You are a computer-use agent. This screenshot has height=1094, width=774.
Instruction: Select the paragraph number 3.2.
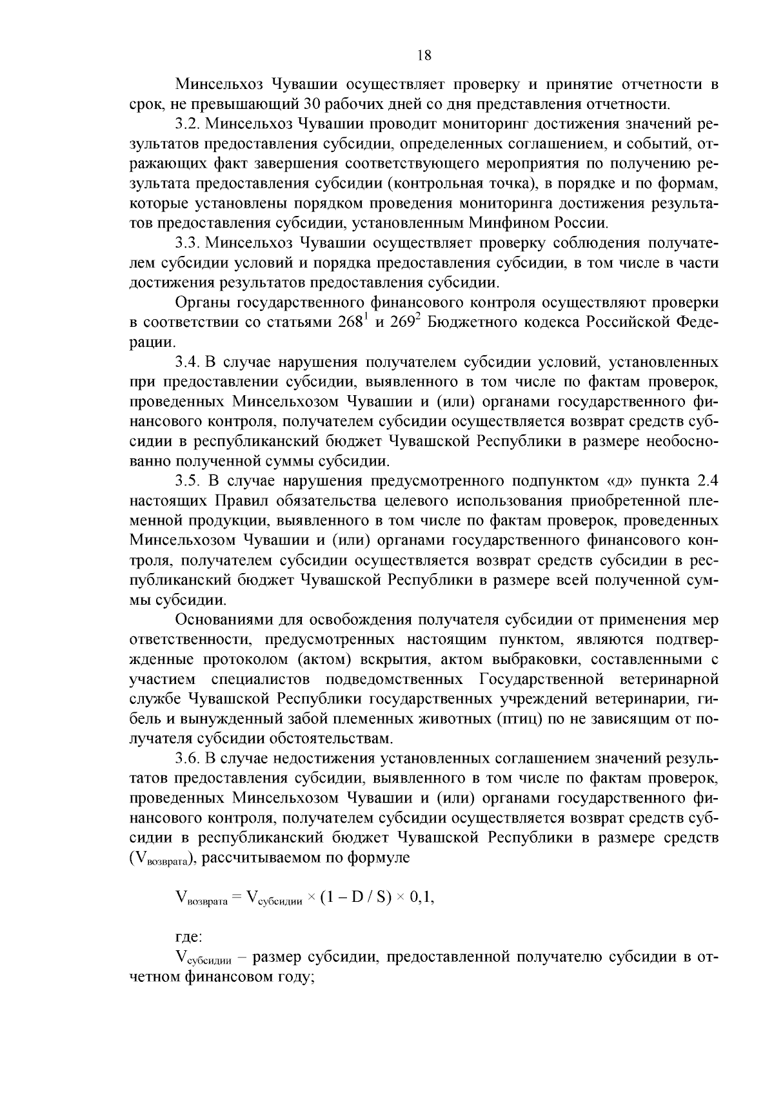tap(188, 124)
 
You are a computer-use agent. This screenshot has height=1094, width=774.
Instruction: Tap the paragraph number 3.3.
tap(188, 243)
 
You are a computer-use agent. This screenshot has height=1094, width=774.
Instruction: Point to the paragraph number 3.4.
tap(188, 362)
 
